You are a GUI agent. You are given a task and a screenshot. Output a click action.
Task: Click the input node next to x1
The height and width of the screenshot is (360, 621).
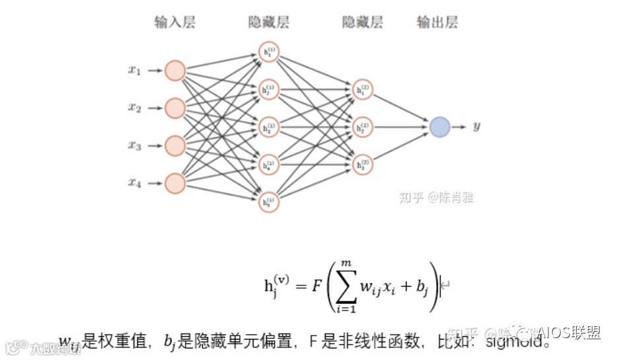(x=175, y=70)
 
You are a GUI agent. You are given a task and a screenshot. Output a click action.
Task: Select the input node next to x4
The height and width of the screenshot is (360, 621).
(x=175, y=183)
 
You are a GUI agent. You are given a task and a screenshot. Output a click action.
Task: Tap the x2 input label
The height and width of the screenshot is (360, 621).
(x=135, y=108)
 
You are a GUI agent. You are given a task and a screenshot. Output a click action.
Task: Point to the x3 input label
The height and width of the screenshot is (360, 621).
(x=135, y=145)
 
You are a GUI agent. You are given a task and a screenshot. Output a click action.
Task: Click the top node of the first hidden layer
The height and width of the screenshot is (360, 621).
(x=269, y=52)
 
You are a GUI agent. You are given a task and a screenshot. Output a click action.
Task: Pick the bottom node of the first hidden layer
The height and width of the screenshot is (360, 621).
(x=269, y=202)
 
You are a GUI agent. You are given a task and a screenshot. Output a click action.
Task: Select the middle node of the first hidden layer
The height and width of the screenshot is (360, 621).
(x=269, y=127)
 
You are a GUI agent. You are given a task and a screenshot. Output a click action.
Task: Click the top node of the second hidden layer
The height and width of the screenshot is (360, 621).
(x=362, y=89)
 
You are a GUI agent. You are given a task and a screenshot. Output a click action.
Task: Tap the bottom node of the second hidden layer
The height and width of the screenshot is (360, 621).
(x=362, y=164)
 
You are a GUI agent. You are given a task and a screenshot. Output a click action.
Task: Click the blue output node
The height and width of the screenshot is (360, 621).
(x=439, y=127)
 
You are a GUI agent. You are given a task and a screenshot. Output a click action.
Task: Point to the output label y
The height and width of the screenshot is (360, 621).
(x=476, y=126)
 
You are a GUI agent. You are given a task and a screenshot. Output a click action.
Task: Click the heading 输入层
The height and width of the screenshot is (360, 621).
(x=175, y=23)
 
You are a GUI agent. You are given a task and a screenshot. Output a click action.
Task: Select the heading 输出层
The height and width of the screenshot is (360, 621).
(x=437, y=23)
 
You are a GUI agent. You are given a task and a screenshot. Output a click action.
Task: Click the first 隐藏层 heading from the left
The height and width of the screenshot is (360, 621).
(x=269, y=23)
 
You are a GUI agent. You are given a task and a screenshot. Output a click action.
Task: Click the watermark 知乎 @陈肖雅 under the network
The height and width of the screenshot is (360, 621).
(x=436, y=197)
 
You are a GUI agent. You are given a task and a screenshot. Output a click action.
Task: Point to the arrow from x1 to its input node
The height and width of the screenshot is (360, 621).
(x=155, y=70)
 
